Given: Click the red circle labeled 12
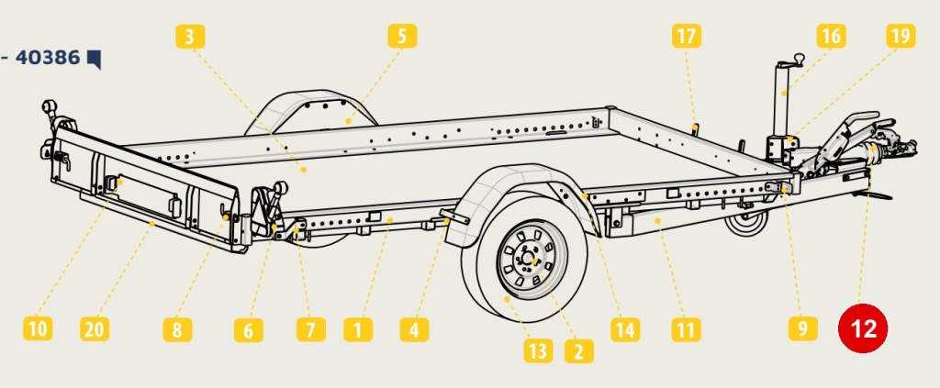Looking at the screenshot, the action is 863,328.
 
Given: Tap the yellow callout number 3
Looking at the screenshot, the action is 190,37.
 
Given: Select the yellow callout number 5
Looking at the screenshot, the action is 402,36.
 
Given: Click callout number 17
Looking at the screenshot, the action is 687,36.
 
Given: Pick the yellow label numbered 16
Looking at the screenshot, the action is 831,36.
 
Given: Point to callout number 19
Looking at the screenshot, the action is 901,36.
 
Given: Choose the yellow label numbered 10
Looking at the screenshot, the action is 38,328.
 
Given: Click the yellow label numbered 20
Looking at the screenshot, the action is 95,328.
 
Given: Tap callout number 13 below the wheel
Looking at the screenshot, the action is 538,351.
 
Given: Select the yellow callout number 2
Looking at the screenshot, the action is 579,351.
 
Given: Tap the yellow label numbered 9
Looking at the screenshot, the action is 803,328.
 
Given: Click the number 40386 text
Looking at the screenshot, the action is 48,58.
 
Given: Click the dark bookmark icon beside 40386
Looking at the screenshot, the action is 95,60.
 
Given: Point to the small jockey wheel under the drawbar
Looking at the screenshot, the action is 746,222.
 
